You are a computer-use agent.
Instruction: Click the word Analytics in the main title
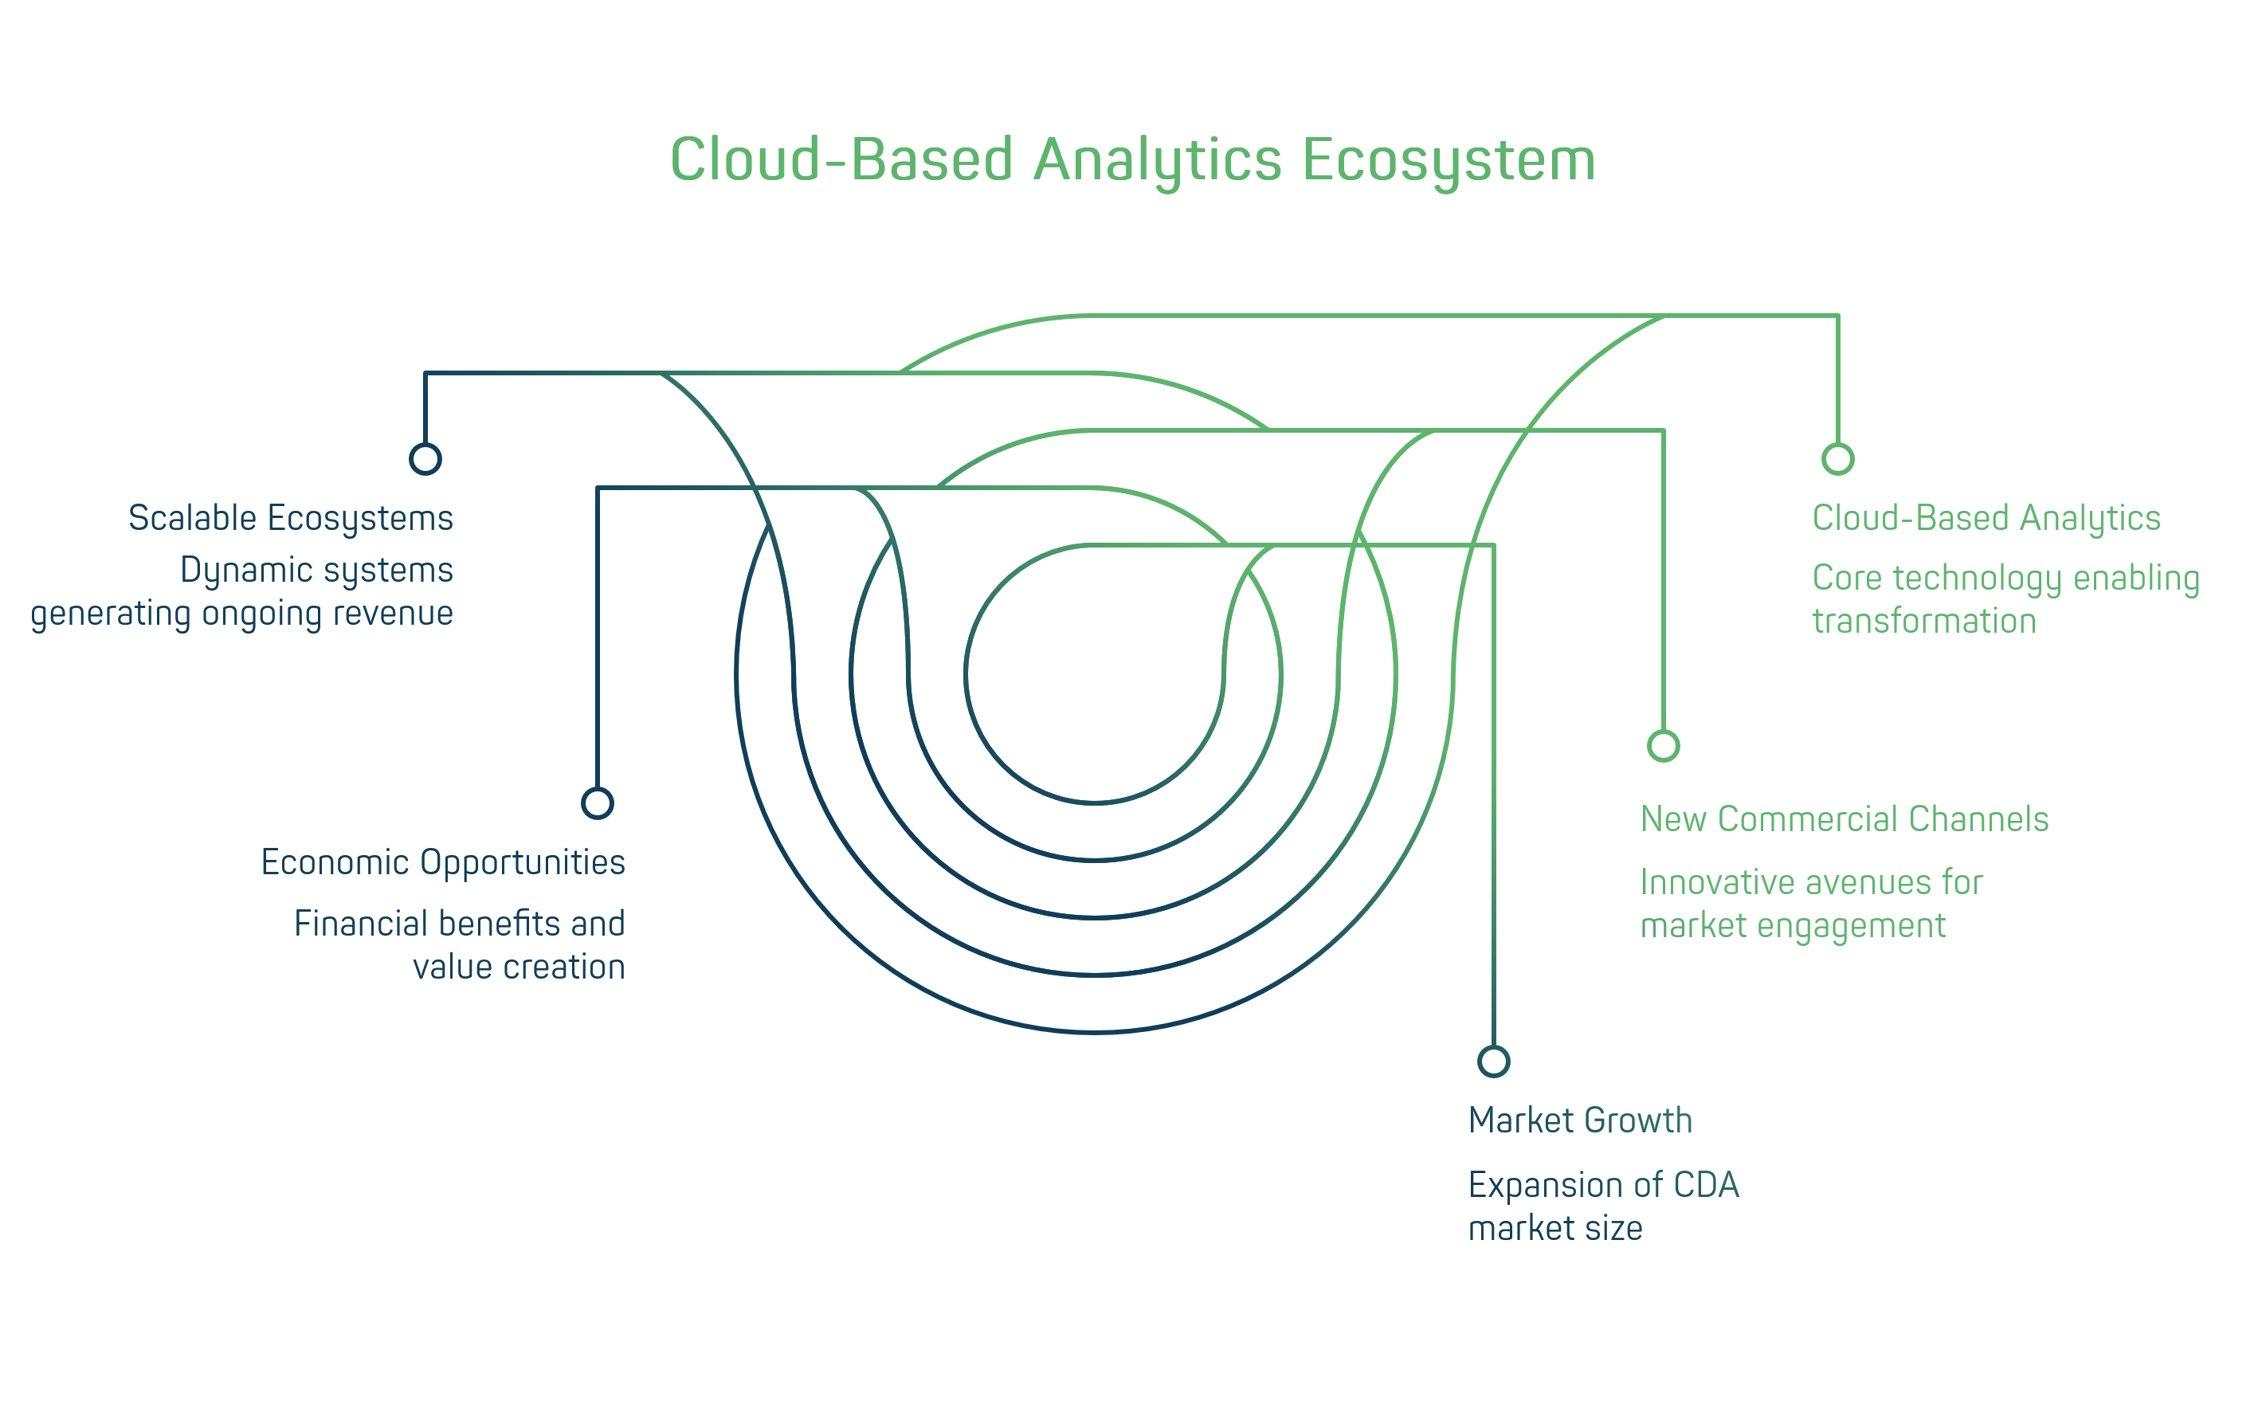point(1157,159)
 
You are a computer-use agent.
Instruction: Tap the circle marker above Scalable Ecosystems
point(425,459)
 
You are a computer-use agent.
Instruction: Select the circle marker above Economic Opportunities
point(598,803)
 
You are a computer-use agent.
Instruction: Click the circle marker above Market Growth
point(1493,1061)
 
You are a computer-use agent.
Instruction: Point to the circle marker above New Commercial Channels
point(1663,745)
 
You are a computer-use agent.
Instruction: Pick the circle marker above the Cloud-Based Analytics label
point(1838,459)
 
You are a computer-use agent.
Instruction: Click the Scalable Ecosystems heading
point(290,518)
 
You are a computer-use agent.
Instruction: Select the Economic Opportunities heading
point(443,862)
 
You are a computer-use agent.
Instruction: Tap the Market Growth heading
point(1581,1120)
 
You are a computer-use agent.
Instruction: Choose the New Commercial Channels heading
point(1844,819)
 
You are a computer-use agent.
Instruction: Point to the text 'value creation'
point(519,967)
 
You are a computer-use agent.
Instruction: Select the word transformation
point(1924,621)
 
